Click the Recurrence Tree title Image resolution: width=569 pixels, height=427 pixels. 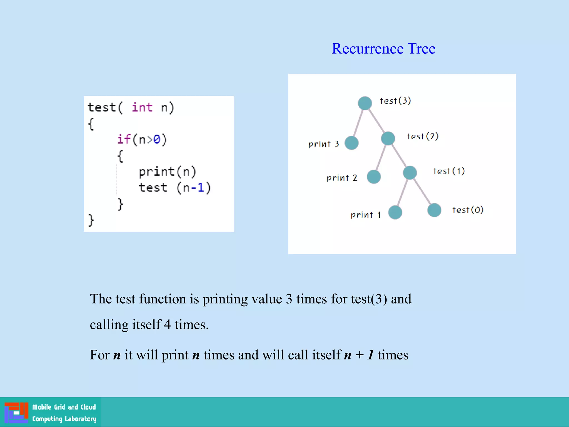(383, 49)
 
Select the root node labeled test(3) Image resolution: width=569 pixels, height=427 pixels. (365, 103)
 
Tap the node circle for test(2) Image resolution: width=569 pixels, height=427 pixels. (388, 138)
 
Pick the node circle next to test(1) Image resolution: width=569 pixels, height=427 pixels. (410, 173)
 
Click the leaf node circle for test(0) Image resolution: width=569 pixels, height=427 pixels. (434, 210)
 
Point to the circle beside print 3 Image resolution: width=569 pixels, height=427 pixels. (351, 143)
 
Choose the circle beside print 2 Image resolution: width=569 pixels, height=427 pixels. (374, 177)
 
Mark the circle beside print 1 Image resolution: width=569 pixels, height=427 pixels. (395, 212)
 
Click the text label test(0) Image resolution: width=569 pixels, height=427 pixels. (468, 210)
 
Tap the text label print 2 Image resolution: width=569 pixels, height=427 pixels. (342, 178)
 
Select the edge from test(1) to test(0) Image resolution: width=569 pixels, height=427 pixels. (422, 192)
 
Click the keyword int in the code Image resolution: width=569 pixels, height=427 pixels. (142, 107)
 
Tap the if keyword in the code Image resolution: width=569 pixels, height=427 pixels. (124, 139)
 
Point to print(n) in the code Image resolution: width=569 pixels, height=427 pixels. (167, 172)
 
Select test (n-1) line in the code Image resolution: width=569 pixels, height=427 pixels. (174, 188)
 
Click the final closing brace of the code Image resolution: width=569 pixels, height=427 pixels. (91, 220)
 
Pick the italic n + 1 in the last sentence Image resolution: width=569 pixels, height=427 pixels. (359, 355)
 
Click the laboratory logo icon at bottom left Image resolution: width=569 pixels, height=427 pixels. (16, 413)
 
